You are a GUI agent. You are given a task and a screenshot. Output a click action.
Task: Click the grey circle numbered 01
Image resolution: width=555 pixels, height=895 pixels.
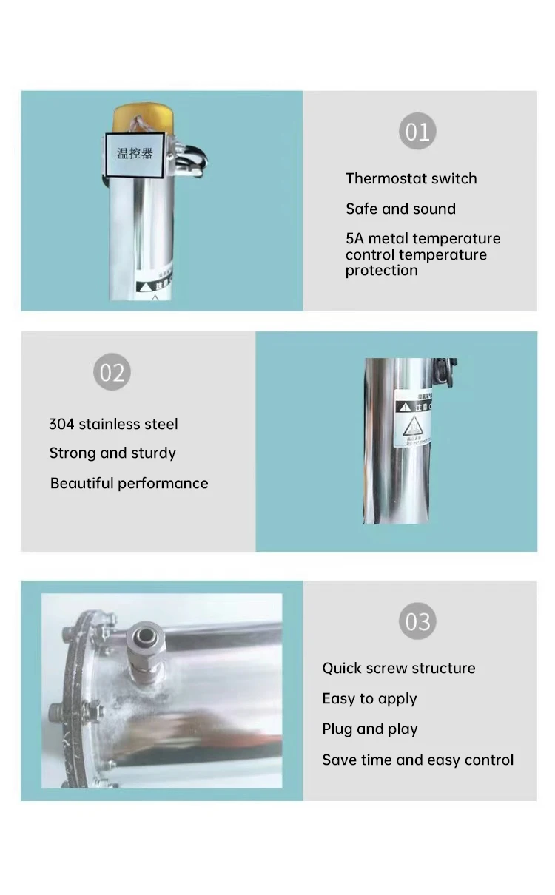[x=417, y=132]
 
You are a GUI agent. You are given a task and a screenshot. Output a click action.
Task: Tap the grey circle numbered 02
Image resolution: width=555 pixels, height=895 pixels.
[x=112, y=372]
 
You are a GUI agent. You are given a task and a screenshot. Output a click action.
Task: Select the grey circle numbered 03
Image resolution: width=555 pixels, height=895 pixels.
[x=417, y=621]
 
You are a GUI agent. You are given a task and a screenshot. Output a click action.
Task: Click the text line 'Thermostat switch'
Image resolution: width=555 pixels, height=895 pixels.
[x=411, y=178]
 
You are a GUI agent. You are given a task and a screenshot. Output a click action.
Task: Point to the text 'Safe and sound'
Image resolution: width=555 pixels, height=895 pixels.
[x=400, y=209]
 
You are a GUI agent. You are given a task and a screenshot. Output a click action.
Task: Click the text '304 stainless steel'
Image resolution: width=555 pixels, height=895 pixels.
[x=113, y=424]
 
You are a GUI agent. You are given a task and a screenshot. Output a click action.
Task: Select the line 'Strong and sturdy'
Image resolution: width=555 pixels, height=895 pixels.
[x=112, y=453]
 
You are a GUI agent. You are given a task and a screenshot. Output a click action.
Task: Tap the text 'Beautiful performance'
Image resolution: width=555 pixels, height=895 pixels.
[x=129, y=483]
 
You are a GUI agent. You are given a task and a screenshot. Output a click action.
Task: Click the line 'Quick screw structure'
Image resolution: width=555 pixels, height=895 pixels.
[x=398, y=668]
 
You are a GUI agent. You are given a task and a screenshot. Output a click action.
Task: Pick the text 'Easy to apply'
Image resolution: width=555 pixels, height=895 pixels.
[x=369, y=698]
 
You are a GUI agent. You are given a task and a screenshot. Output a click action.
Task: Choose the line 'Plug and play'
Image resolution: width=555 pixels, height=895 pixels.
[x=369, y=729]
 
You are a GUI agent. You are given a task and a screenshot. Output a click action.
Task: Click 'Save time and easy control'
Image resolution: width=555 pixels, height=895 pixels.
[x=417, y=760]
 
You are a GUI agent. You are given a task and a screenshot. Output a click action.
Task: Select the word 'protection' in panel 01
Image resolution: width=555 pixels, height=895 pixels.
[x=381, y=271]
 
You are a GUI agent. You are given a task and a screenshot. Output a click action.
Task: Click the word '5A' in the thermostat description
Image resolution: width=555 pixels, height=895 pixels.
[x=354, y=238]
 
